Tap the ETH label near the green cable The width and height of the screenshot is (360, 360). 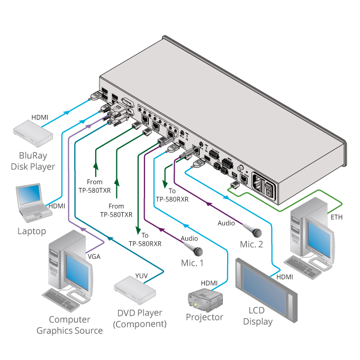[x=336, y=218]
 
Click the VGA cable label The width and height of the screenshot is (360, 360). [x=94, y=256]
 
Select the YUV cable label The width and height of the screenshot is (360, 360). [x=141, y=275]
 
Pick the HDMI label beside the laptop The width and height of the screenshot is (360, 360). [x=57, y=205]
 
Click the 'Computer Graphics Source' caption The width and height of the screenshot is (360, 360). [x=69, y=325]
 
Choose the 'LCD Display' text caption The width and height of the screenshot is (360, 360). [x=257, y=316]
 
